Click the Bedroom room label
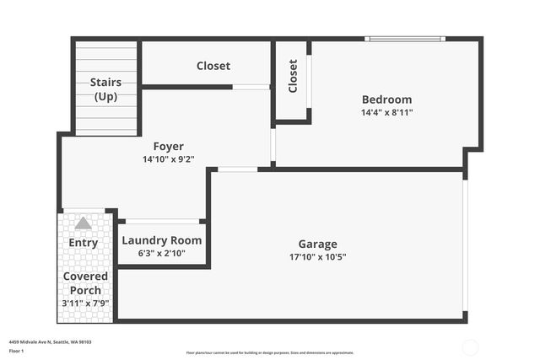[x=386, y=99]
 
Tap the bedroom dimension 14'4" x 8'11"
[x=386, y=112]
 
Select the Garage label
[x=317, y=244]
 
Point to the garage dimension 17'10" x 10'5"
[x=317, y=257]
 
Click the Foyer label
[x=168, y=147]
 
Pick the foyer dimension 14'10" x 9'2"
[x=168, y=159]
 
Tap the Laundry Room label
[x=162, y=240]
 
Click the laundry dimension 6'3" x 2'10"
[x=162, y=253]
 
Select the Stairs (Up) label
[x=105, y=89]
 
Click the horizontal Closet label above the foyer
[x=213, y=66]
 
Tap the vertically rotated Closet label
[x=293, y=76]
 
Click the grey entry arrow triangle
[x=83, y=223]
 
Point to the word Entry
[x=83, y=243]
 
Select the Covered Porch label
[x=85, y=283]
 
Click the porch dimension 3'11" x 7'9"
[x=85, y=304]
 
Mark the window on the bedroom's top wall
[x=404, y=39]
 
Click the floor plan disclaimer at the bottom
[x=270, y=352]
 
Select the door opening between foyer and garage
[x=237, y=169]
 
